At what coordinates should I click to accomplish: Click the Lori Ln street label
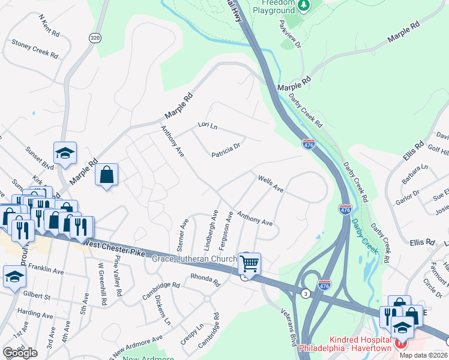(x=207, y=127)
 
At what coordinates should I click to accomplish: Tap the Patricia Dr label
(x=226, y=149)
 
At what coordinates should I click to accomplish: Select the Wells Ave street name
(x=270, y=184)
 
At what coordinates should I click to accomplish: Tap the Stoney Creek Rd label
(x=35, y=49)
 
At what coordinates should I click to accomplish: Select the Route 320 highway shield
(x=94, y=37)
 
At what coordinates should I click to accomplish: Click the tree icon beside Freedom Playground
(x=304, y=5)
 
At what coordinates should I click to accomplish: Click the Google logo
(x=20, y=353)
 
